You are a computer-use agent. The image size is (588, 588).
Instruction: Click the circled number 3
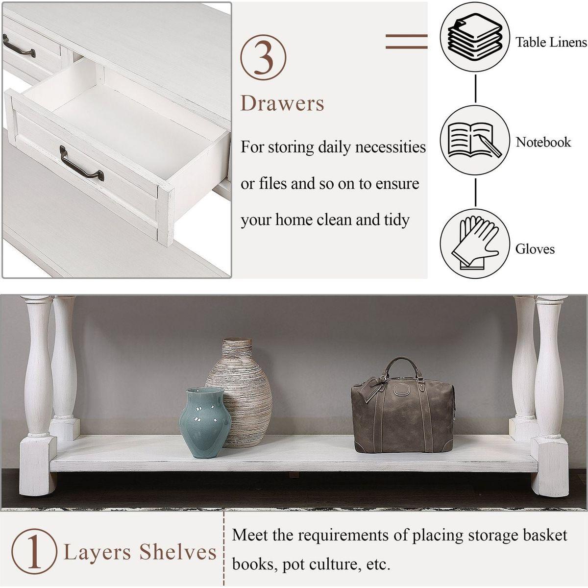click(263, 57)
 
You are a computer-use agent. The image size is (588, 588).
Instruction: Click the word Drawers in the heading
click(282, 103)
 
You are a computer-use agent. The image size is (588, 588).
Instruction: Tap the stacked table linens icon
click(475, 40)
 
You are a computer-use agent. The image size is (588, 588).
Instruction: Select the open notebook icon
click(475, 140)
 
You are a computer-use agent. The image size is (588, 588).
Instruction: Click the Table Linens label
click(551, 42)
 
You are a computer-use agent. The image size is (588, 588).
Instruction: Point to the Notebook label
click(543, 142)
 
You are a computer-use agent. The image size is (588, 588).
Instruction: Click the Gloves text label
click(535, 249)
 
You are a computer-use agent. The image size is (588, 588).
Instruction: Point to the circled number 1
click(34, 552)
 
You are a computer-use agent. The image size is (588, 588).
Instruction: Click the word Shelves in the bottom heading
click(178, 552)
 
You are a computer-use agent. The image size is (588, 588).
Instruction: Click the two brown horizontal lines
click(406, 42)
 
